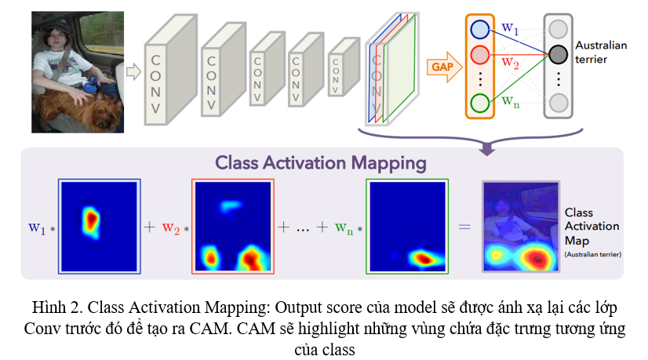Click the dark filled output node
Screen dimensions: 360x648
pos(558,55)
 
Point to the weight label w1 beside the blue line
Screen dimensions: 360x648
pos(510,29)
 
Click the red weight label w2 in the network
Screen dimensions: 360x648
pos(510,61)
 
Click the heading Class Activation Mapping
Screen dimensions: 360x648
pos(322,164)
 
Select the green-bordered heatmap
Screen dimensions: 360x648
pos(406,227)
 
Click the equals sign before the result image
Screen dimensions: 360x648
pos(464,227)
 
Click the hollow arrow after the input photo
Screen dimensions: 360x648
pos(133,71)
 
